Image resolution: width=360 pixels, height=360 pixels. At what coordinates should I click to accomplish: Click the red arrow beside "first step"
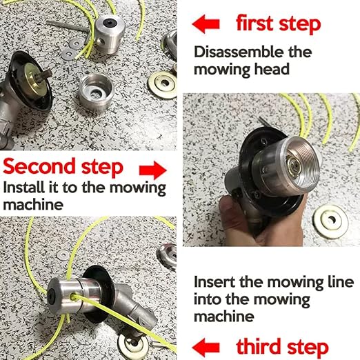(x=206, y=23)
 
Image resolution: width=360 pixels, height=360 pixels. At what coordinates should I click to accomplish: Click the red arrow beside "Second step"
(x=153, y=170)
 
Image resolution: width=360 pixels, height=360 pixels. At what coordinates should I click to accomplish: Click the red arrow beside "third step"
(x=206, y=347)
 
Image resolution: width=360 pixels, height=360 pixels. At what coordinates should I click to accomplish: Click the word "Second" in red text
(x=39, y=166)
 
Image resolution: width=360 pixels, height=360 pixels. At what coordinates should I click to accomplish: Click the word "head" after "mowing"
(x=272, y=69)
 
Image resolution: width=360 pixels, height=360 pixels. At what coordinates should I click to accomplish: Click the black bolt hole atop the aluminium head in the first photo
(x=108, y=23)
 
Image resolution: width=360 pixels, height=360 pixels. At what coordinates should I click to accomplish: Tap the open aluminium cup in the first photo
(x=96, y=92)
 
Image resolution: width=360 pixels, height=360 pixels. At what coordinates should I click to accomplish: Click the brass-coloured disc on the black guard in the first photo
(x=34, y=81)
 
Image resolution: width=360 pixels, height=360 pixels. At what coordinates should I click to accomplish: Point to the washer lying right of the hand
(x=331, y=221)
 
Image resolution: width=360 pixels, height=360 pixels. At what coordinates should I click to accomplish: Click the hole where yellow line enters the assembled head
(x=74, y=297)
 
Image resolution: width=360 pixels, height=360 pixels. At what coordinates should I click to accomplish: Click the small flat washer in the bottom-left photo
(x=63, y=255)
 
